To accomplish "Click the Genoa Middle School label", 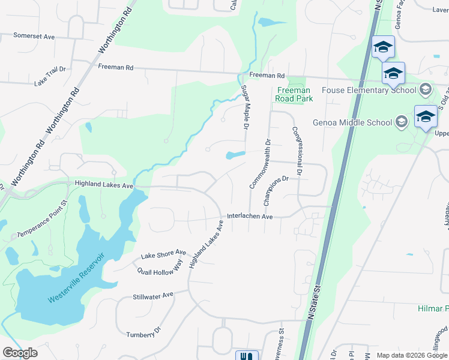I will (x=352, y=122).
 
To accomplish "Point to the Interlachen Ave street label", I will (x=250, y=217).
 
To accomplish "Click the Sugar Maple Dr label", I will (x=244, y=107).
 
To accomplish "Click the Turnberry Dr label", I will (x=144, y=332).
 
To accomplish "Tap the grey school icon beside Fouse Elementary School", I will (x=426, y=89).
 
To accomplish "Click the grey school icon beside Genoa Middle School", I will (x=402, y=122).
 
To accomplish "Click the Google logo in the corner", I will (x=20, y=353).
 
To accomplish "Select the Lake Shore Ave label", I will (x=163, y=255).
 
